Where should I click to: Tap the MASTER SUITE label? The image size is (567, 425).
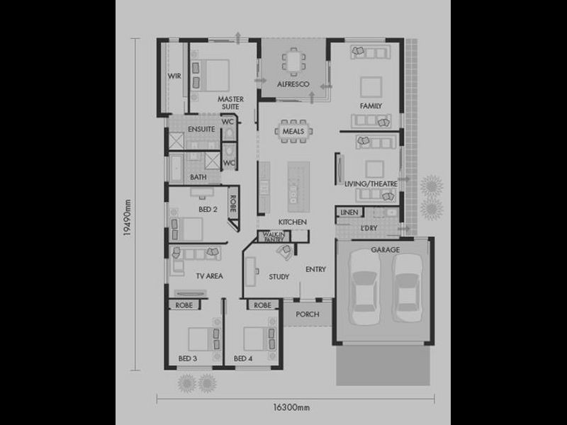tap(230, 103)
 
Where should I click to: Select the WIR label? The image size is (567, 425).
tap(174, 76)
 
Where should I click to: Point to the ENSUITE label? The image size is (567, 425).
tap(201, 129)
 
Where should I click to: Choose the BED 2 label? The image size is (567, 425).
tap(207, 210)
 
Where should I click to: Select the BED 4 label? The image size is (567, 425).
tap(243, 358)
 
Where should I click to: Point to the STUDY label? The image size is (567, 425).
tap(279, 276)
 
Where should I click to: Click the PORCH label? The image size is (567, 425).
tap(308, 314)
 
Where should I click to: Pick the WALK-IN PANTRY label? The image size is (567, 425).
tap(273, 237)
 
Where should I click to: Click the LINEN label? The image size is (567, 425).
tap(348, 212)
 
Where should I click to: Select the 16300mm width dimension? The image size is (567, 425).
tap(291, 407)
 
